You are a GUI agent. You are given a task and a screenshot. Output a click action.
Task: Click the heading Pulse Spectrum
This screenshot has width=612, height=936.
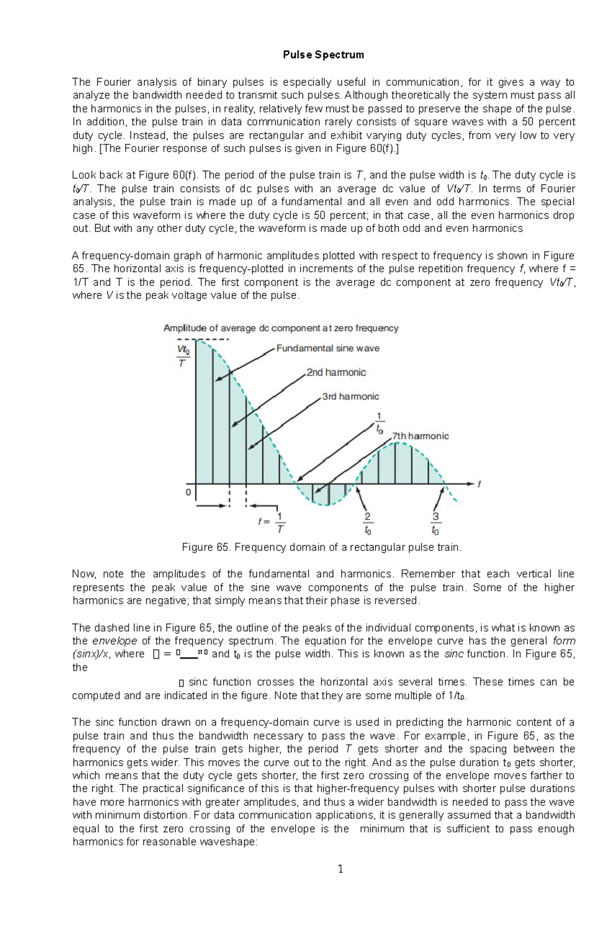click(323, 55)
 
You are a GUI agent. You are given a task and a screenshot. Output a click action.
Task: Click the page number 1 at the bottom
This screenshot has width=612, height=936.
click(341, 869)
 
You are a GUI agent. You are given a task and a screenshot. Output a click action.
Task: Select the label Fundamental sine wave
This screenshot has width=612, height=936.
click(327, 348)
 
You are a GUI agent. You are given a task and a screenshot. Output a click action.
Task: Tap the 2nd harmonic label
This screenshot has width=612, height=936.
click(336, 372)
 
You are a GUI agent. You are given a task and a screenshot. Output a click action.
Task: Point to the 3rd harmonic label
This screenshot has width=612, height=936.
click(350, 396)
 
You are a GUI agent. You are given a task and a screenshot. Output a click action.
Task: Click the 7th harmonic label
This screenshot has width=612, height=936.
click(420, 436)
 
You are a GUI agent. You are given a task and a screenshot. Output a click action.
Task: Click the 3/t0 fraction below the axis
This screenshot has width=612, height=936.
click(435, 523)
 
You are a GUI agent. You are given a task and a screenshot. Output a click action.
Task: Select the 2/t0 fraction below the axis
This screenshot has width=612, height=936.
click(368, 523)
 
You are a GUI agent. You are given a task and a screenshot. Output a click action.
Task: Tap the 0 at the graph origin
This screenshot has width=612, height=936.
click(188, 492)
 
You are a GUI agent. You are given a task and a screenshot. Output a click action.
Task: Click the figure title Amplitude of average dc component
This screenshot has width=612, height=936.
click(280, 328)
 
